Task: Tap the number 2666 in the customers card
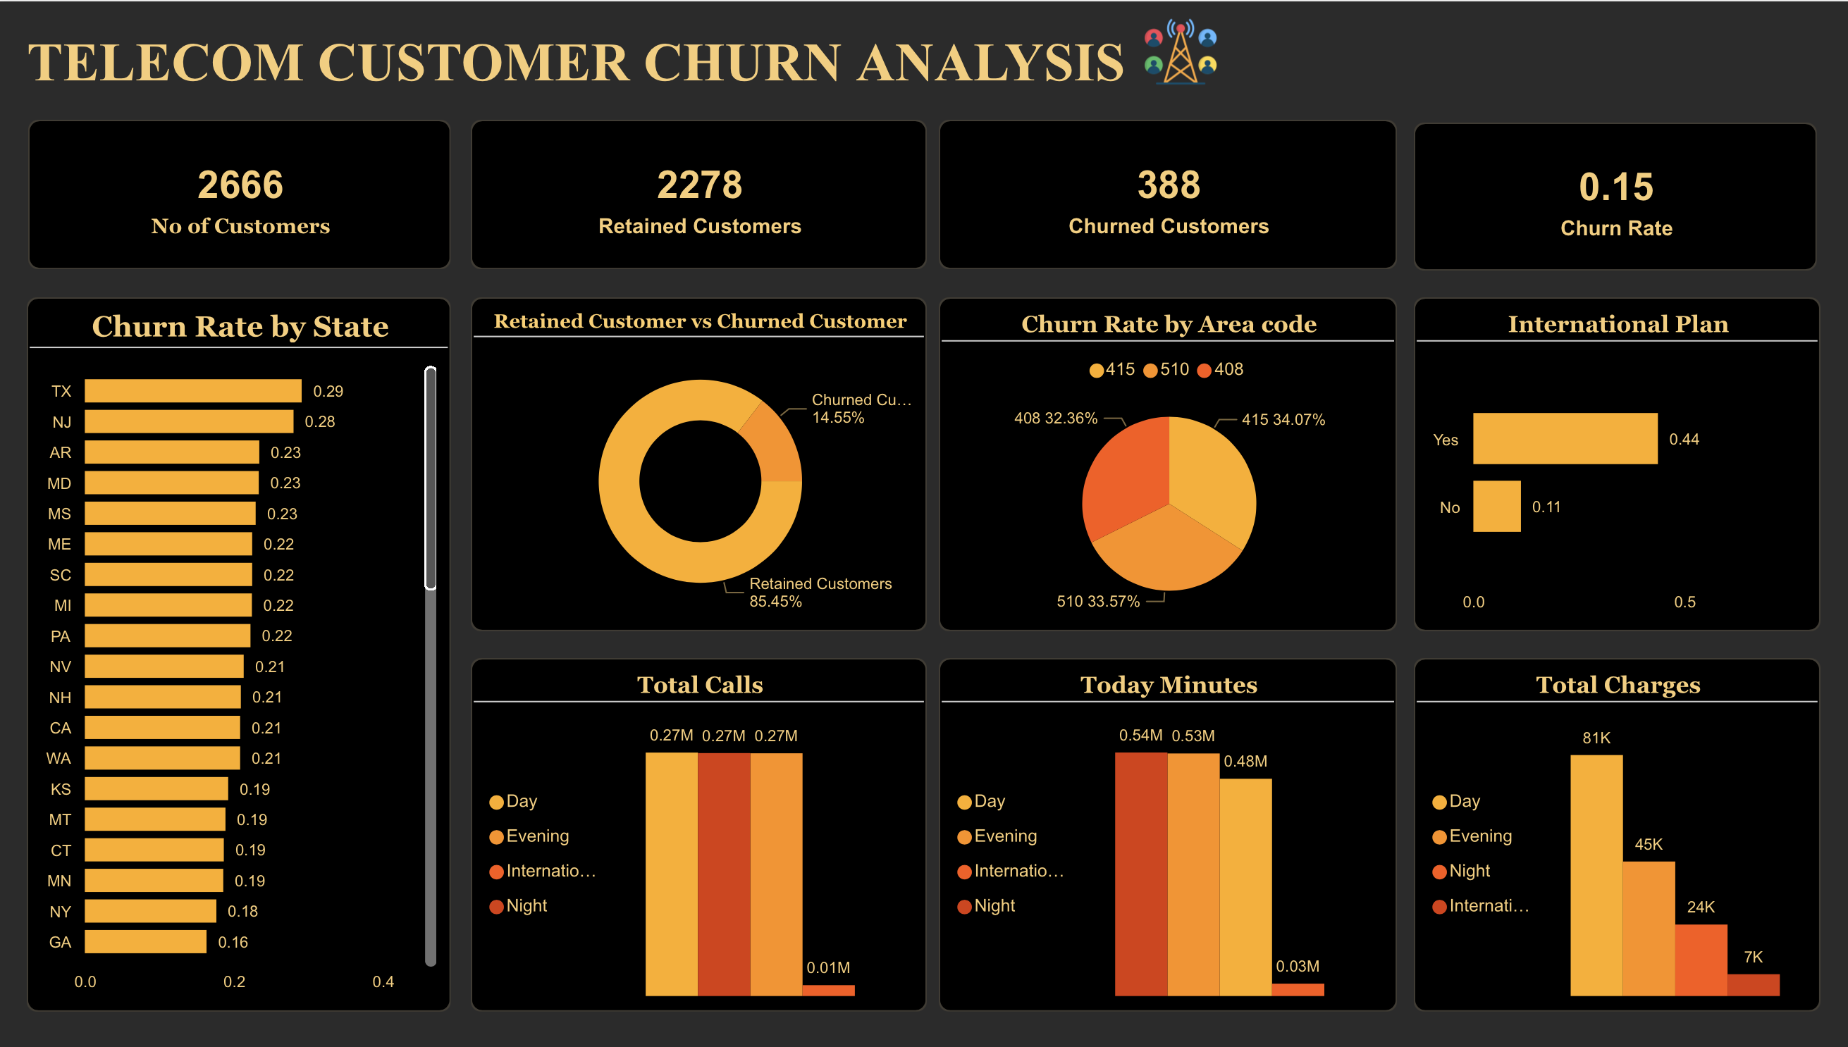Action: click(x=240, y=185)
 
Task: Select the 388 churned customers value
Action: click(x=1169, y=185)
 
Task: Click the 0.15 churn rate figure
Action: click(x=1615, y=187)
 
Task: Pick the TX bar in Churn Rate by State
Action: click(x=193, y=390)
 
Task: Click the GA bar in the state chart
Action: click(x=145, y=941)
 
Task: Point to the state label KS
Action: click(x=61, y=789)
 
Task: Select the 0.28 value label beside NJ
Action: click(x=319, y=421)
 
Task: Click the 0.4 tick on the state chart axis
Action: click(x=383, y=981)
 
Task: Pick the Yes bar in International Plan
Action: click(x=1565, y=438)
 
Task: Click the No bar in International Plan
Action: click(x=1496, y=507)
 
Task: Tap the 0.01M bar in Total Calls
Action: click(x=828, y=989)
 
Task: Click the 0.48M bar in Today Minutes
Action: click(x=1245, y=886)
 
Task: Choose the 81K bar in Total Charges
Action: click(x=1596, y=874)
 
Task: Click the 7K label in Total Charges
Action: click(x=1752, y=957)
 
